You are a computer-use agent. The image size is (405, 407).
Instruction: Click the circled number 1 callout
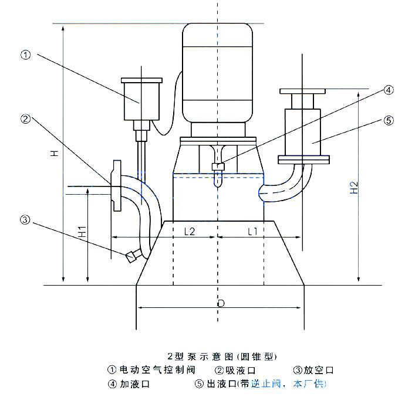pyautogui.click(x=25, y=56)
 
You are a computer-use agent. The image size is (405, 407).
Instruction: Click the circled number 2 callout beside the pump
pyautogui.click(x=25, y=119)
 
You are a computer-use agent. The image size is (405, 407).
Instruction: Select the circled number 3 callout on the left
pyautogui.click(x=25, y=221)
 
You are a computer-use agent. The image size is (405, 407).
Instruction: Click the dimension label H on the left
pyautogui.click(x=55, y=153)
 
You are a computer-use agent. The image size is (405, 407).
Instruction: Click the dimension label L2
pyautogui.click(x=190, y=232)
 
